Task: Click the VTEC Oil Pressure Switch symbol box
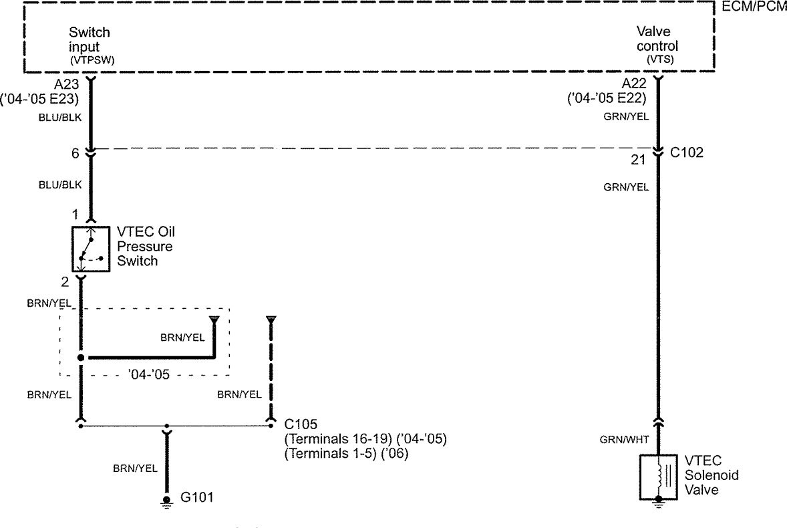pos(90,249)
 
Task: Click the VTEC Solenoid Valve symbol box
pos(658,476)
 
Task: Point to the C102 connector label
pos(687,152)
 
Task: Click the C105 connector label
pos(301,424)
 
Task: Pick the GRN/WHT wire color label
pos(624,440)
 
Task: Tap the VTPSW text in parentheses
pos(90,59)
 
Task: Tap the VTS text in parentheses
pos(660,59)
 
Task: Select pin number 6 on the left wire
pos(75,154)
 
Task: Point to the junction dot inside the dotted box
pos(81,358)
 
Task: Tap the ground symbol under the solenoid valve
pos(658,505)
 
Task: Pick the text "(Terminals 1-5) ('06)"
pos(346,453)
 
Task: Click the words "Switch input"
pos(90,39)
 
